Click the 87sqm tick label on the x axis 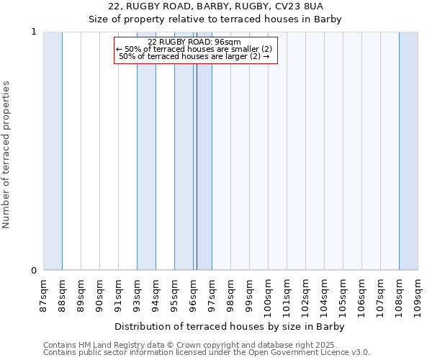click(42, 295)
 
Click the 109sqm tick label click(418, 297)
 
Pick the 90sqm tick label click(99, 295)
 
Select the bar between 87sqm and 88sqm click(53, 151)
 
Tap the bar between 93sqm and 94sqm click(146, 151)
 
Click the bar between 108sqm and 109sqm click(408, 151)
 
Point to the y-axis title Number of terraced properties click(6, 154)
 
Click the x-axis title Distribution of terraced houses click(230, 326)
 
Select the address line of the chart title click(215, 6)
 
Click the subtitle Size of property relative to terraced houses click(215, 19)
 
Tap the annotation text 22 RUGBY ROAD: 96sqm click(194, 42)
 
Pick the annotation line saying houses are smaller click(194, 49)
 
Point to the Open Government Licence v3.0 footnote click(207, 353)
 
